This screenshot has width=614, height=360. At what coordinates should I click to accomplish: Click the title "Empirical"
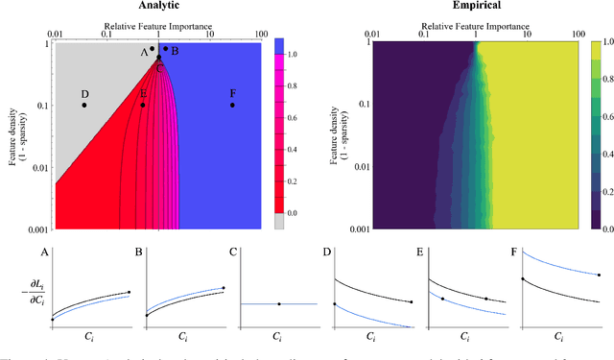pyautogui.click(x=476, y=6)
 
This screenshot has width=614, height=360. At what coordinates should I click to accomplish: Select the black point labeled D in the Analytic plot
pyautogui.click(x=84, y=105)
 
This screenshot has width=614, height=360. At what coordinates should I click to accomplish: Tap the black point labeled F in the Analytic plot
pyautogui.click(x=233, y=105)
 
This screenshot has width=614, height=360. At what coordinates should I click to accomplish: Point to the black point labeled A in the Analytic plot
pyautogui.click(x=152, y=49)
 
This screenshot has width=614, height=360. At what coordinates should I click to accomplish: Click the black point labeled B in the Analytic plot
pyautogui.click(x=165, y=49)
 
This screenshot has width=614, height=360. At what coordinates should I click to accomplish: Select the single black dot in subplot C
pyautogui.click(x=278, y=304)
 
